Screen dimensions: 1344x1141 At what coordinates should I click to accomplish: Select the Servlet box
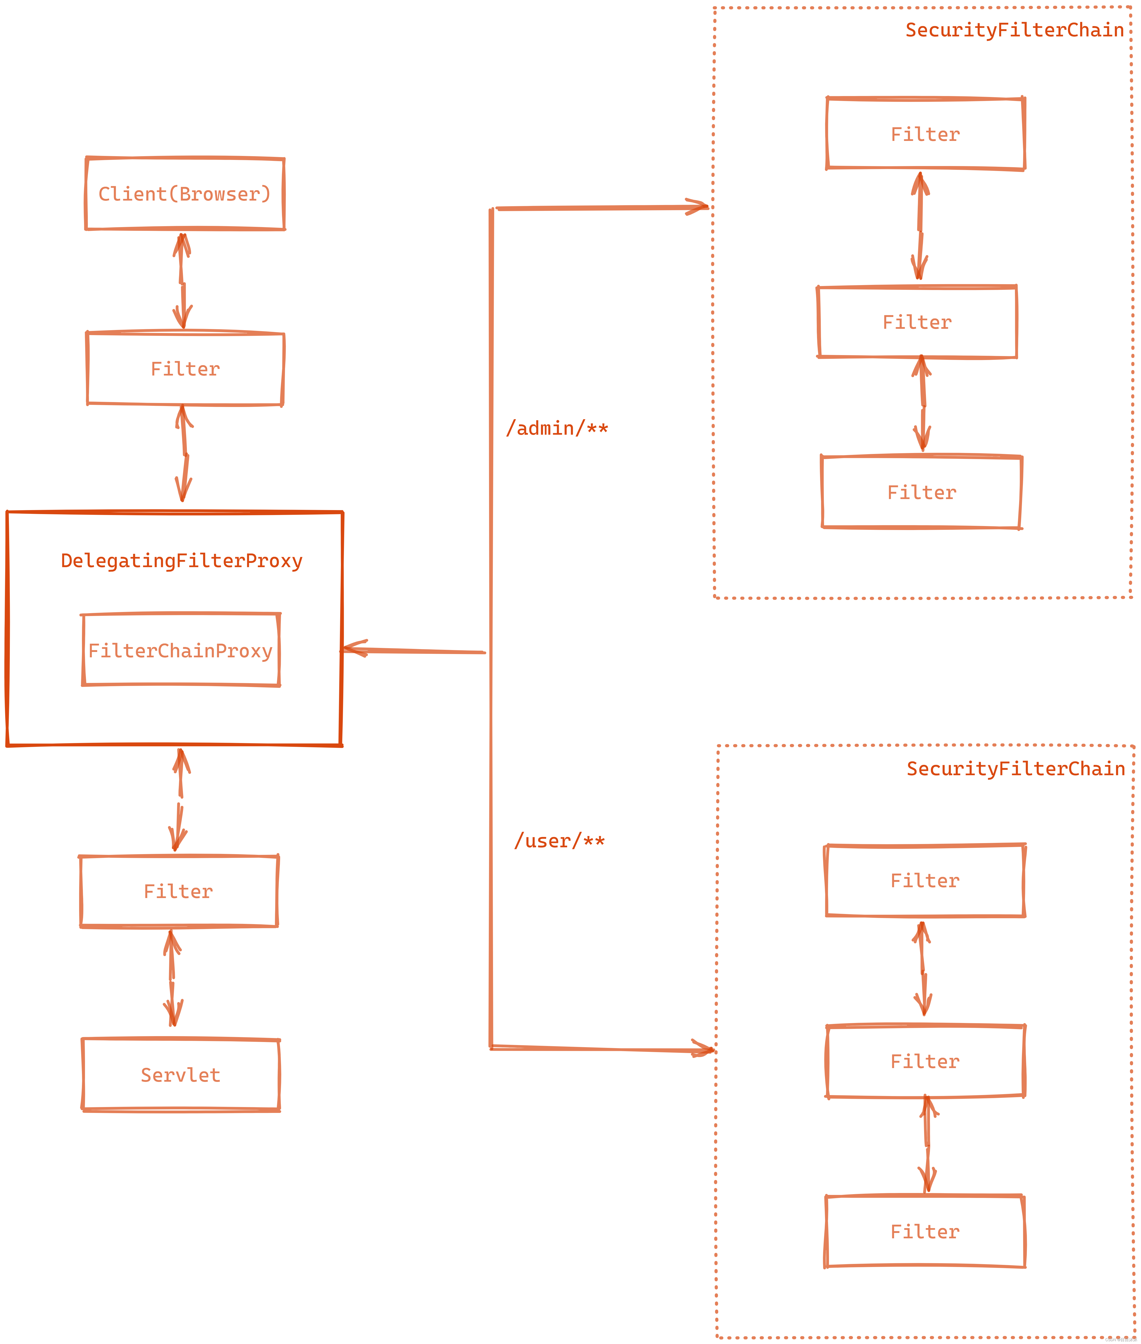[181, 1075]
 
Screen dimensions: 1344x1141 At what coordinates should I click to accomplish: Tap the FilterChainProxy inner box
[181, 650]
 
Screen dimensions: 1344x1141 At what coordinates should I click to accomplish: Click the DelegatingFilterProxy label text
[182, 560]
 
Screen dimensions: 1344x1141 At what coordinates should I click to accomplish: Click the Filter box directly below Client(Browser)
[185, 369]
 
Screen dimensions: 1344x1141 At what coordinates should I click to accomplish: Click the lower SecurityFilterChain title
[1016, 769]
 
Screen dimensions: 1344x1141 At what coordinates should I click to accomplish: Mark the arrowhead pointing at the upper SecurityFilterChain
[699, 207]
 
